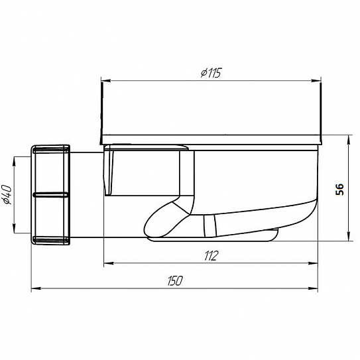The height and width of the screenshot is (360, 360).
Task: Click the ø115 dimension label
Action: pos(211,73)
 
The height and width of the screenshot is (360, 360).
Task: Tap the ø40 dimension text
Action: pos(7,195)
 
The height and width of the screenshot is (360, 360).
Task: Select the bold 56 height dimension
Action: pos(340,189)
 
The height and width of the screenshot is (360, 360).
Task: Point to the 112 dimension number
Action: pos(211,256)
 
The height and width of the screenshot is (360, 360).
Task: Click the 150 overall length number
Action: pos(175,280)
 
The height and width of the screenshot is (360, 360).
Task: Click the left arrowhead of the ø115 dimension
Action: pos(106,81)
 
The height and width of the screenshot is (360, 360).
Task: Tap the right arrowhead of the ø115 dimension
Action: pos(316,81)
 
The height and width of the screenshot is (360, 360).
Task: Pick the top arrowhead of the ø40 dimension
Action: pos(14,162)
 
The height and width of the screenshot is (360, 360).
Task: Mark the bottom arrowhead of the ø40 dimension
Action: pos(14,228)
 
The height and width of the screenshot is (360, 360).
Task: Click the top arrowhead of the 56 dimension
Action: pos(349,140)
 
